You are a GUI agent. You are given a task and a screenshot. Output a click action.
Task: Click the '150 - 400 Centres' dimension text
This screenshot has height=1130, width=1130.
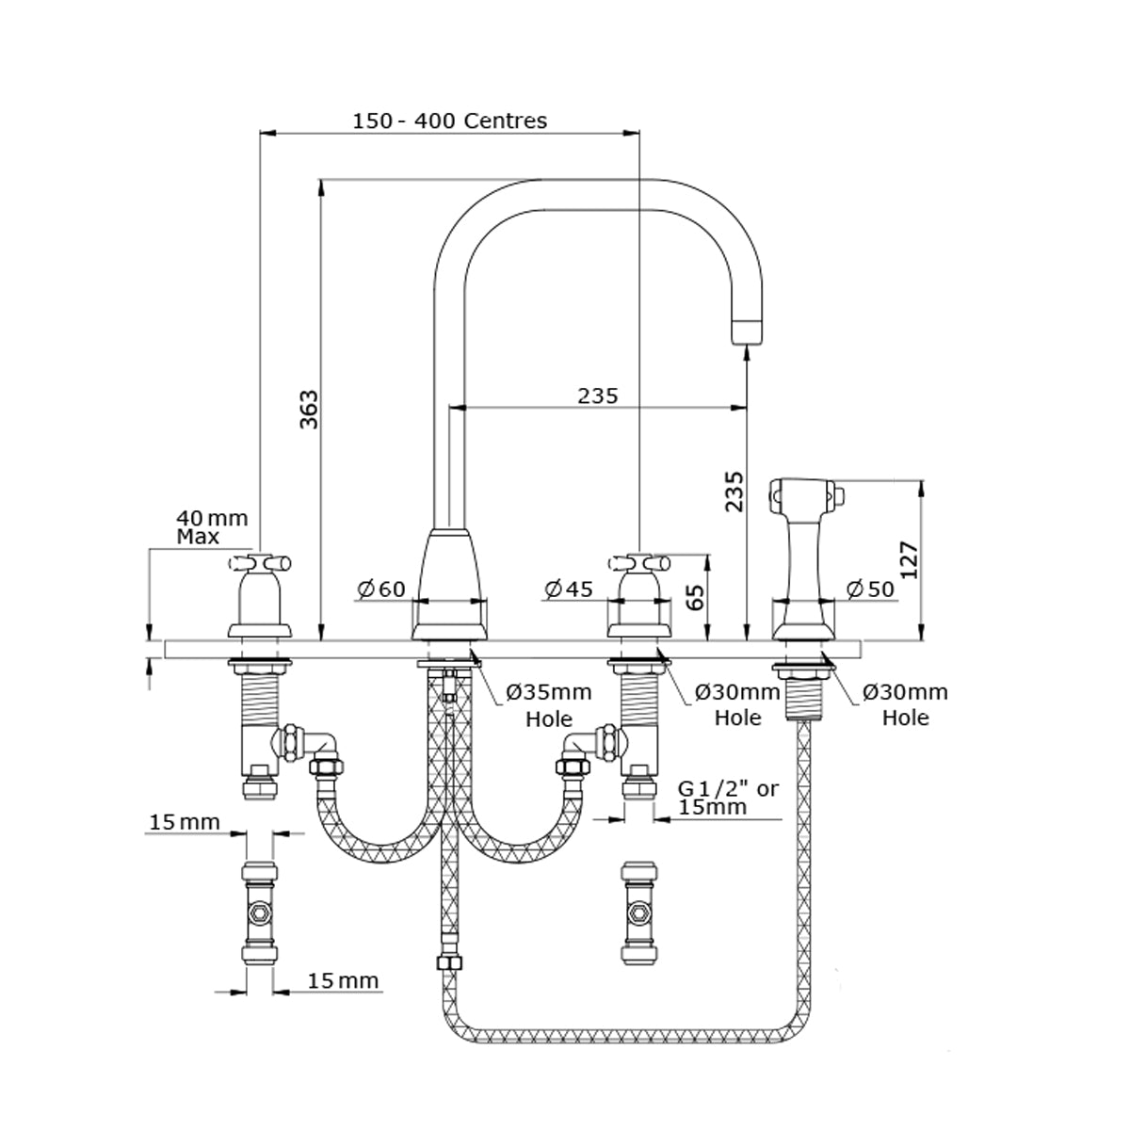point(449,121)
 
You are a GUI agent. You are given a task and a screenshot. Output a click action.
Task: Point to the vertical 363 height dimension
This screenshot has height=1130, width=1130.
point(309,409)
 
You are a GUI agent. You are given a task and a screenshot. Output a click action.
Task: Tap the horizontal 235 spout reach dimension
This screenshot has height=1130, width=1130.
point(598,395)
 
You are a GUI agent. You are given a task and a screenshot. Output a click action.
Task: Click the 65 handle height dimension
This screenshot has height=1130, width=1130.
point(695,597)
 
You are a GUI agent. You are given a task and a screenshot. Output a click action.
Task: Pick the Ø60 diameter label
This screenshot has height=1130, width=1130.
point(380,589)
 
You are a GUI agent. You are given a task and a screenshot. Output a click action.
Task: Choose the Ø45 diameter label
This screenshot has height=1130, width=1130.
point(569,589)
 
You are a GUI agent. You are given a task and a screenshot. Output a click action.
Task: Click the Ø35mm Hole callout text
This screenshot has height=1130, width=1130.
point(549,705)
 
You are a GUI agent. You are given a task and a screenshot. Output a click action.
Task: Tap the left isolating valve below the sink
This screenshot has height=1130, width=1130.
point(258,912)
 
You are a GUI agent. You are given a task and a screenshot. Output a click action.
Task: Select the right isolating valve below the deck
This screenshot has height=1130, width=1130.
point(638,912)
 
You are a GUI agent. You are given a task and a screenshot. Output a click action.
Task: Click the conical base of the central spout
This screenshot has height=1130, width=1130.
point(451,584)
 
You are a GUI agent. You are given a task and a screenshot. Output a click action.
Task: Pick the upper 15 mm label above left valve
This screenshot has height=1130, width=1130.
point(184,822)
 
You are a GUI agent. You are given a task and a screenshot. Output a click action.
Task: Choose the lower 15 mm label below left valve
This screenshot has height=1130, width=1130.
point(343,981)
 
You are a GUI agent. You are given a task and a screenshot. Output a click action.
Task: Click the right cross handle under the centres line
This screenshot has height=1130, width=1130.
point(638,565)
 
